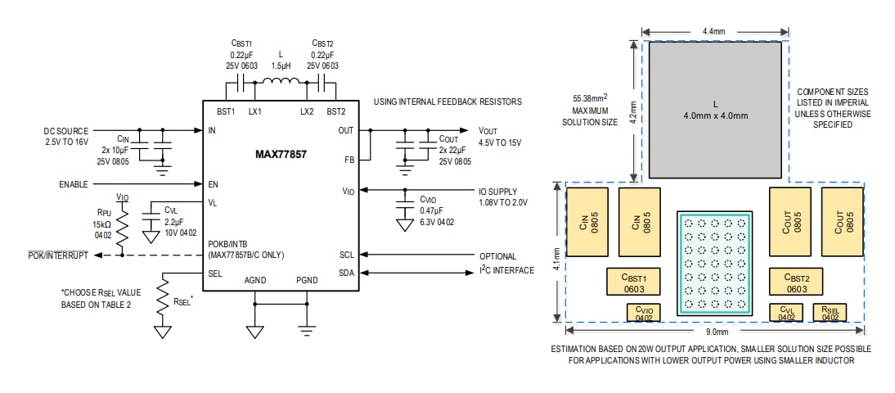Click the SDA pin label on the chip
coord(346,273)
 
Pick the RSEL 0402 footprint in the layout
coord(830,313)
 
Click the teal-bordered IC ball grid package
coord(713,262)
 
